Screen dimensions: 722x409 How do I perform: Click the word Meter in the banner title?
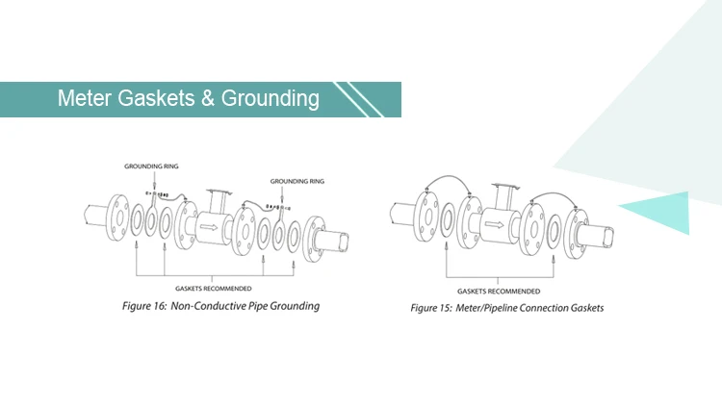85,98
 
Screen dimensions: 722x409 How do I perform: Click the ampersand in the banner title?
208,98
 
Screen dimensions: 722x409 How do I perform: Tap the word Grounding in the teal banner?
270,99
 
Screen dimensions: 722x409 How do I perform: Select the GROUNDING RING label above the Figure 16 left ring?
151,166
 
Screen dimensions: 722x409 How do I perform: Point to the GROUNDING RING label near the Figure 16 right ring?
297,181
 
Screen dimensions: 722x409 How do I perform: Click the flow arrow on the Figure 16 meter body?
209,226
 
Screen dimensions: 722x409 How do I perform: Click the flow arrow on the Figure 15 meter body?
494,224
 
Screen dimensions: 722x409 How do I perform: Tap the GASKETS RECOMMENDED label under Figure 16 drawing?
213,289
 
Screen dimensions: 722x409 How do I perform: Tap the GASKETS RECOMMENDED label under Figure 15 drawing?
499,292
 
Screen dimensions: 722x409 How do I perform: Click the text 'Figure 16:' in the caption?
144,306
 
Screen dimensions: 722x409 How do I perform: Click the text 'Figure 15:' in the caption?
431,308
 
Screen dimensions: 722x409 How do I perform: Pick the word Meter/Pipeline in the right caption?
486,308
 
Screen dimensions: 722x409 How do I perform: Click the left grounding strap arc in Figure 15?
449,176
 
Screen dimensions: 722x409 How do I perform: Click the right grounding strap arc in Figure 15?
554,193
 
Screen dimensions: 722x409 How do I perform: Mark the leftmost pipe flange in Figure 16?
117,217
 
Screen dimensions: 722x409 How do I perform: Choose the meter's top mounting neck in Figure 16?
218,201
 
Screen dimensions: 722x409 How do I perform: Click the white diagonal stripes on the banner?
359,99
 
